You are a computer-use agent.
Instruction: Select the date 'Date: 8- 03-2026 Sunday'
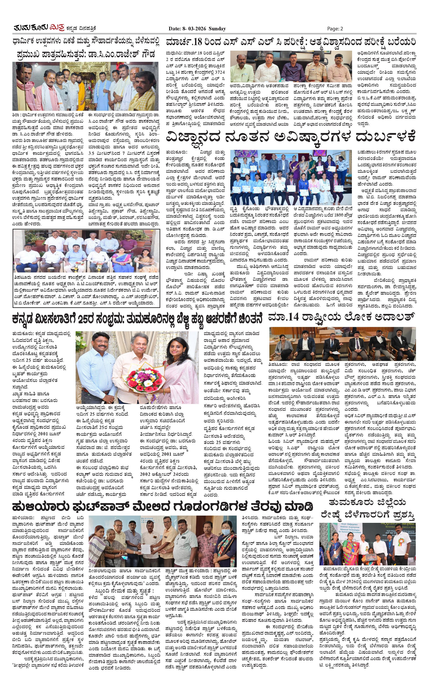pyautogui.click(x=197, y=28)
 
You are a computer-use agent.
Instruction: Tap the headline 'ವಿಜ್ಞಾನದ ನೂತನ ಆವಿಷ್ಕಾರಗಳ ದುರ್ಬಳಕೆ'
pyautogui.click(x=291, y=137)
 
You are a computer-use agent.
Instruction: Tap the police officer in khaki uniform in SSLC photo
pyautogui.click(x=316, y=68)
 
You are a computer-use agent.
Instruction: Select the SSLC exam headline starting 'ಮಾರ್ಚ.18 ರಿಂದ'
pyautogui.click(x=291, y=42)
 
